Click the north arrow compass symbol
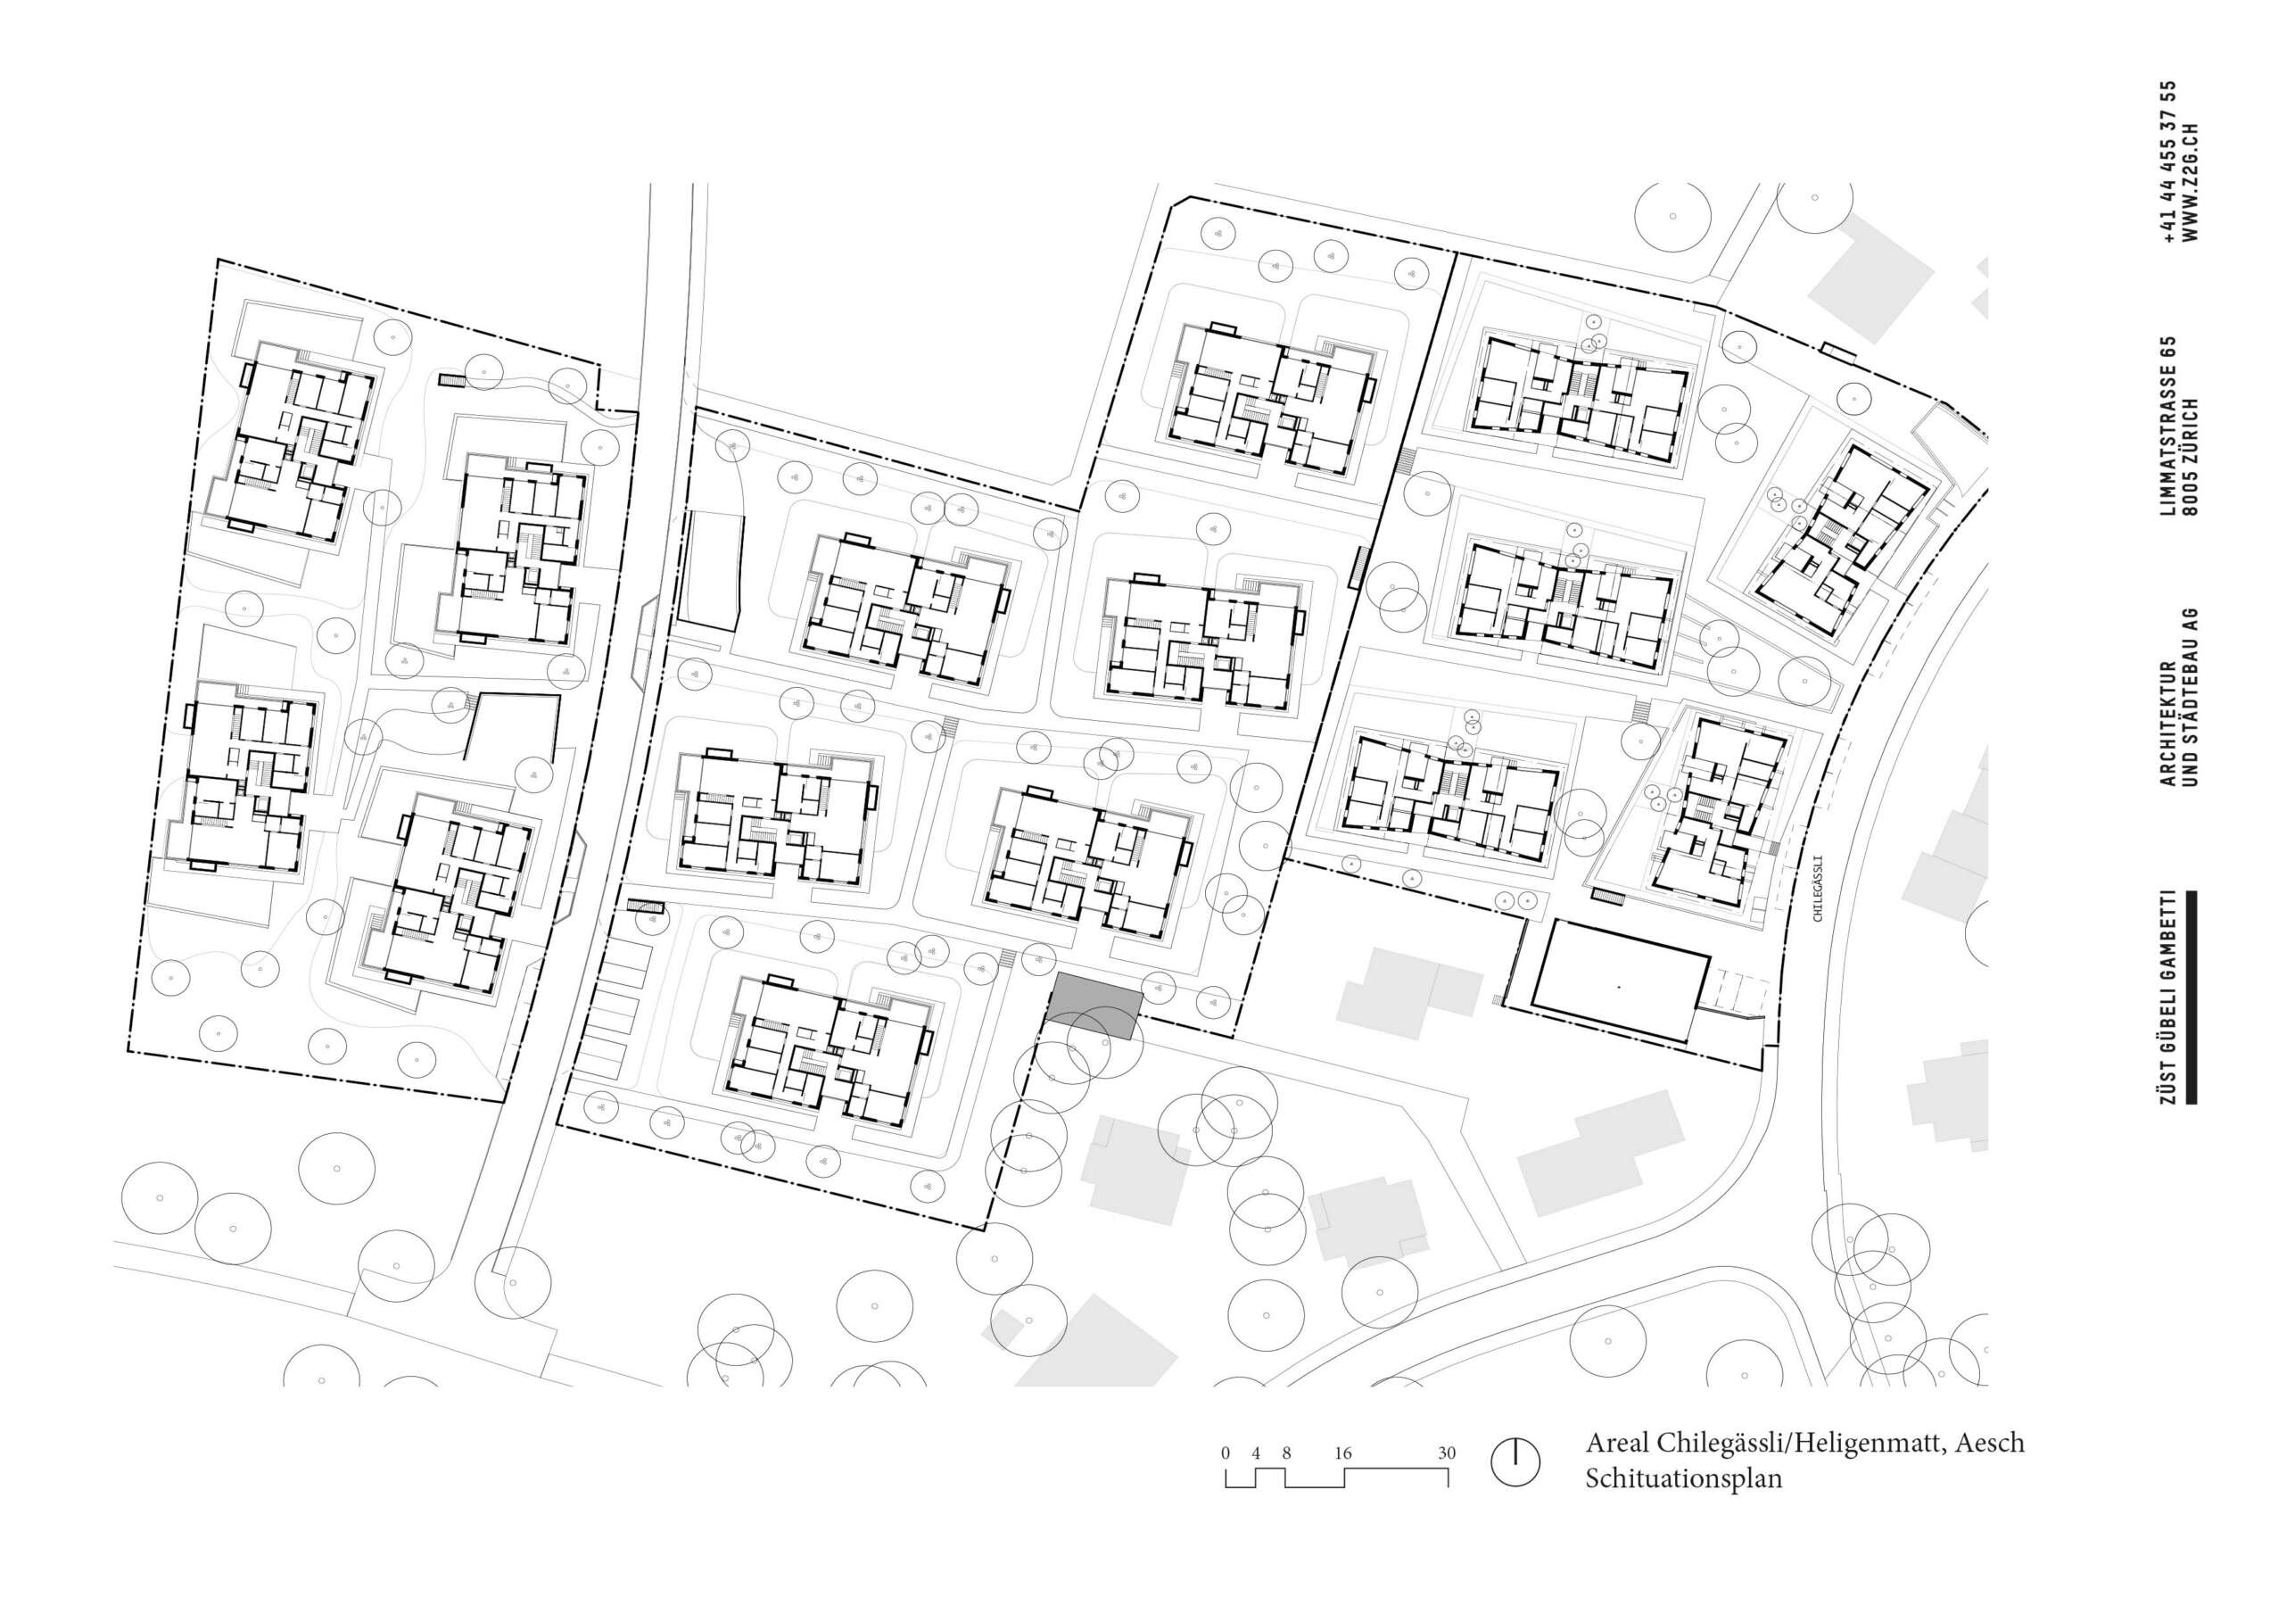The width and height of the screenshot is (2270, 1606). click(x=1515, y=1461)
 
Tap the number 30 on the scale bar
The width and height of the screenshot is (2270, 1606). click(x=1447, y=1453)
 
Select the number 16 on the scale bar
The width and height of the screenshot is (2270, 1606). click(x=1342, y=1453)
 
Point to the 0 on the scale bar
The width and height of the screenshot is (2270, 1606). click(x=1226, y=1453)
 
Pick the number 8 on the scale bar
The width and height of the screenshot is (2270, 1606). click(x=1286, y=1453)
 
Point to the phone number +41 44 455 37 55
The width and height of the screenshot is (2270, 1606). click(x=2168, y=162)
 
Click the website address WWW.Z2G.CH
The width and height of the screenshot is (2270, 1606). click(x=2190, y=183)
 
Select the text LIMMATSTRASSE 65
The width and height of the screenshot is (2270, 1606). click(x=2168, y=426)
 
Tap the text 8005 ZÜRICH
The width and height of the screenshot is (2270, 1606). click(x=2190, y=457)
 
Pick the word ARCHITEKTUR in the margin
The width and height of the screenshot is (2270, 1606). click(x=2168, y=724)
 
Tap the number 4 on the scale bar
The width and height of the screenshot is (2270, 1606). click(x=1257, y=1453)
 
